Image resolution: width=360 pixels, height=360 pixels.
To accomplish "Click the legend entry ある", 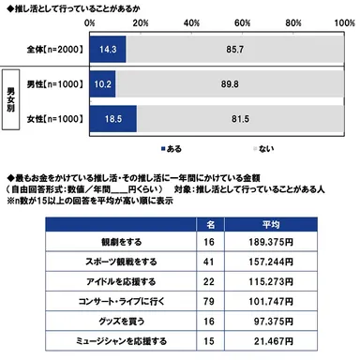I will [172, 147].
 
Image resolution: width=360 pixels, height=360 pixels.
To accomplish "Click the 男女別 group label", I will [12, 99].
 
